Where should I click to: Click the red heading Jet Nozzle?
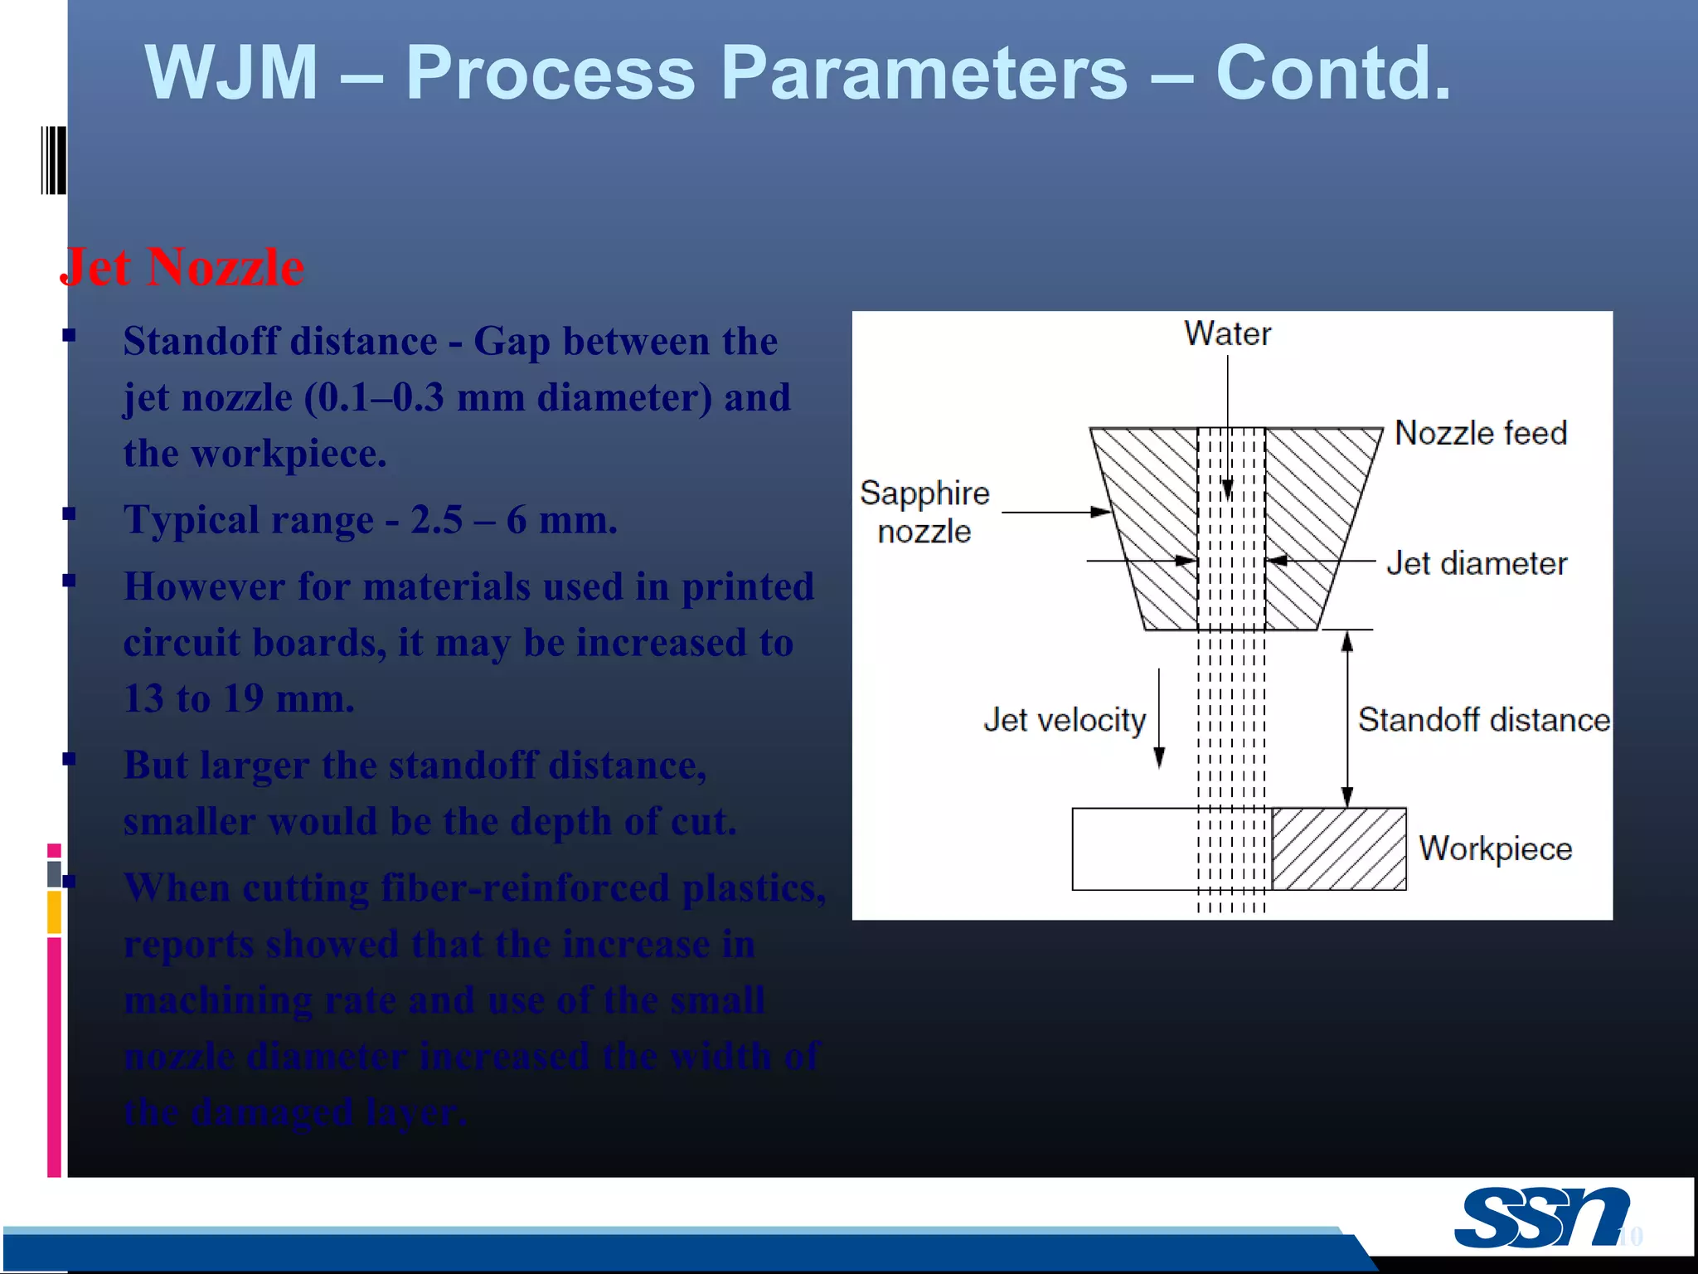point(182,268)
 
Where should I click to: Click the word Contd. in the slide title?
point(1333,73)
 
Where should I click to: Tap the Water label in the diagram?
point(1227,333)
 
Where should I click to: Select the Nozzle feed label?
point(1481,433)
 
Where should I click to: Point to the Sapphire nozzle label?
point(924,512)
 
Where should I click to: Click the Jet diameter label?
point(1477,563)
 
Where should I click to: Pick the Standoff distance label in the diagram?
point(1483,719)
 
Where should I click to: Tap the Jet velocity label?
point(1065,719)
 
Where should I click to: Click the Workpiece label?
point(1495,849)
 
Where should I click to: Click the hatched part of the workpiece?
point(1339,849)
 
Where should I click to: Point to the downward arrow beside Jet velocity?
point(1159,718)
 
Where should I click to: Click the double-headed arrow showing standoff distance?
point(1347,718)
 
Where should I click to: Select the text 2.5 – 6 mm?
point(514,521)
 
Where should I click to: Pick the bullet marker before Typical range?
point(70,514)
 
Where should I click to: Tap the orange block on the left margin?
point(54,912)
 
